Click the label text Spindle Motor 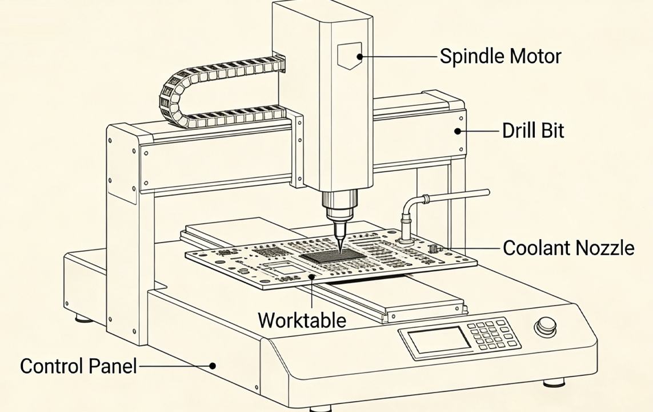click(500, 56)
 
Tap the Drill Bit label click(533, 130)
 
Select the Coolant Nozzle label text click(568, 248)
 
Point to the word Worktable click(302, 320)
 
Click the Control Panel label click(78, 366)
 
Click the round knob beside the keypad click(545, 327)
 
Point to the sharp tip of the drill click(340, 250)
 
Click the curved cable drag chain click(171, 97)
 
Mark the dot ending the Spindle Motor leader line click(360, 56)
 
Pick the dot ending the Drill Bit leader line click(457, 131)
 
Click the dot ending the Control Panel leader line click(213, 366)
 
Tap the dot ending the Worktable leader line click(312, 277)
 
